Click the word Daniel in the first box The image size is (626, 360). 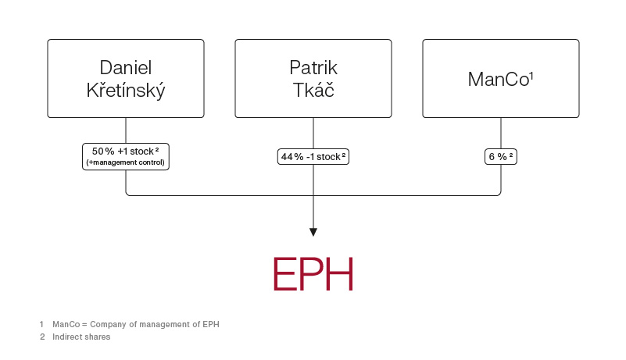(x=126, y=67)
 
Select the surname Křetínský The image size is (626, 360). (x=126, y=91)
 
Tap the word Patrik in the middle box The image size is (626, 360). (x=313, y=67)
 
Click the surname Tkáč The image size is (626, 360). (x=313, y=91)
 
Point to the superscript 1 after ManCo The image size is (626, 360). (x=531, y=75)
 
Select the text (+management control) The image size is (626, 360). (x=126, y=162)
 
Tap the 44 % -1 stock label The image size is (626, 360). (x=312, y=157)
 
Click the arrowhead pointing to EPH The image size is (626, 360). (x=313, y=232)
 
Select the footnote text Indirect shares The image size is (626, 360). (x=81, y=337)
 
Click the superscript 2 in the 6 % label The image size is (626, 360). (x=511, y=155)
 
